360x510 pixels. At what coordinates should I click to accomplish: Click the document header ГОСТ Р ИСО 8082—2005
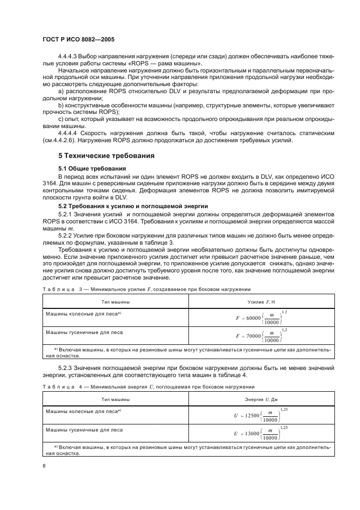pos(78,40)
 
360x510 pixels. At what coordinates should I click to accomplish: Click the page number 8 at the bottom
pos(44,466)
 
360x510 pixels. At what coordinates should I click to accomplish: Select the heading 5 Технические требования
pos(106,155)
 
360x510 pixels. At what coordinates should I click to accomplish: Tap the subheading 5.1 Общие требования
pos(92,168)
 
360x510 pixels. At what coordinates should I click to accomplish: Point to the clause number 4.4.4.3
pos(69,57)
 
